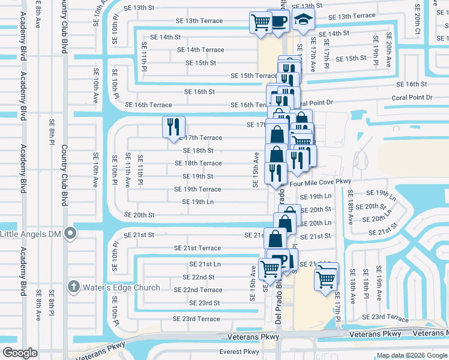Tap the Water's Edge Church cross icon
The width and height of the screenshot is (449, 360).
tap(74, 287)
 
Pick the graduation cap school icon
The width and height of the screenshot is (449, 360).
tap(303, 20)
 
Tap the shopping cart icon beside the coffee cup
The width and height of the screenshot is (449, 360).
tap(261, 23)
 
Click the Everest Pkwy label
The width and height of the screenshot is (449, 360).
tap(240, 352)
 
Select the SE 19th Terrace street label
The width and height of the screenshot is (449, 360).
tap(197, 189)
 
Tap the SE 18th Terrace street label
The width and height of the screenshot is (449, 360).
tap(198, 163)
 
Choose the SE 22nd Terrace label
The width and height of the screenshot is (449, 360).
tap(198, 290)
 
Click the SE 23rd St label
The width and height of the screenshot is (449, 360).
tap(200, 303)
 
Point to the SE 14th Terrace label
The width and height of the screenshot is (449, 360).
tap(197, 50)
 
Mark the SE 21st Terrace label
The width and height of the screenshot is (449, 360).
tap(197, 248)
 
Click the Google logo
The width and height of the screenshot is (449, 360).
tap(20, 353)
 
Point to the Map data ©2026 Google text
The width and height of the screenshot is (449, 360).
tap(412, 355)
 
